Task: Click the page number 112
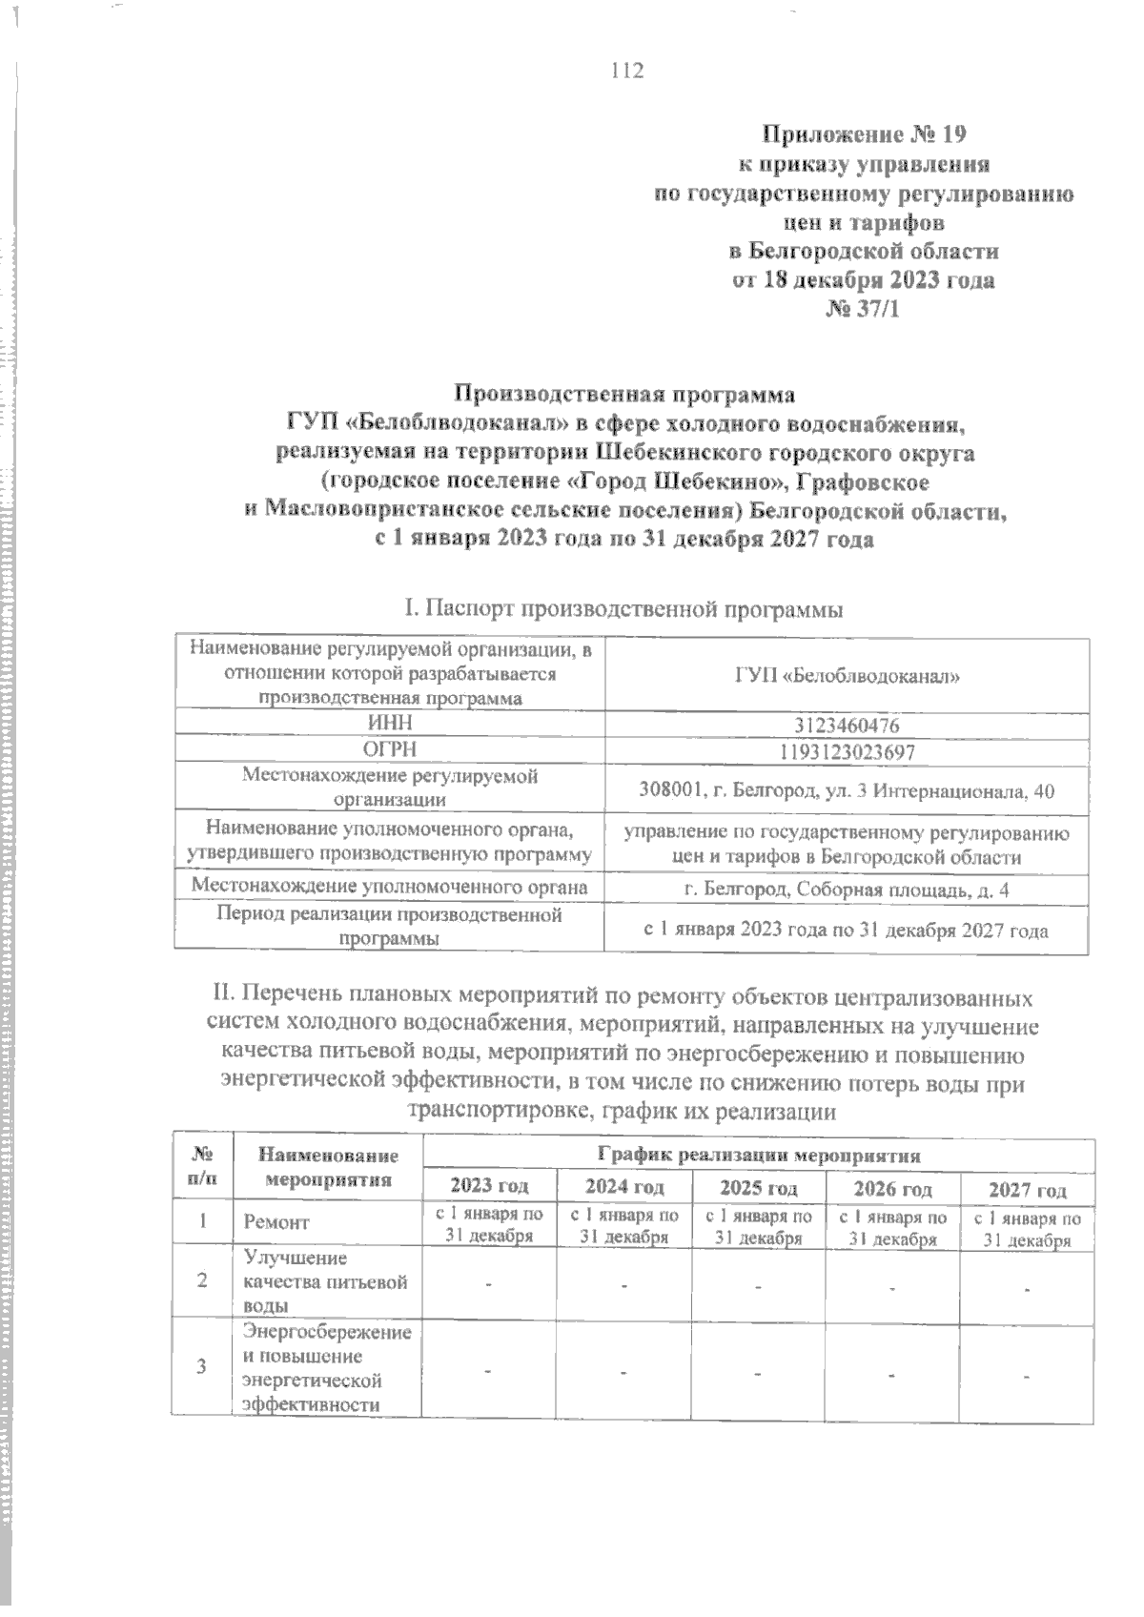tap(627, 71)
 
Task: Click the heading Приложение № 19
tap(863, 133)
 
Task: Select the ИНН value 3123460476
tap(847, 726)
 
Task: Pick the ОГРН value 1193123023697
tap(847, 752)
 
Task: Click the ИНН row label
tap(389, 726)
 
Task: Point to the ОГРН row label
tap(389, 751)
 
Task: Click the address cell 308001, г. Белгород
tap(847, 791)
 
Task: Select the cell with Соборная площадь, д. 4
tap(847, 889)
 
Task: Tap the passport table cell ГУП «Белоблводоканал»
tap(847, 676)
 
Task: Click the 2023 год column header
tap(489, 1187)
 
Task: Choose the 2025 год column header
tap(758, 1188)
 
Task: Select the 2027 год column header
tap(1027, 1190)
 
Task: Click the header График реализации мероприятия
tap(758, 1156)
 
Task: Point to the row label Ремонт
tap(277, 1221)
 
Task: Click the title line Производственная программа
tap(623, 393)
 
